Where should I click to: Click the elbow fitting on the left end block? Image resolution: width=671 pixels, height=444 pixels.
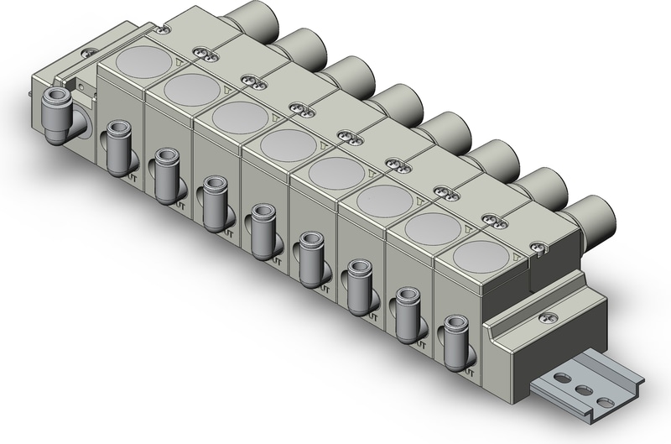(61, 113)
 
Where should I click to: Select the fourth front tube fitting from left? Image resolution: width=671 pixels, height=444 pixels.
(262, 226)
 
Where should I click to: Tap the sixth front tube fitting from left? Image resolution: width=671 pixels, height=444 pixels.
(359, 282)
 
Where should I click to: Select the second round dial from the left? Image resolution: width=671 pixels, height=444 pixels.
(190, 87)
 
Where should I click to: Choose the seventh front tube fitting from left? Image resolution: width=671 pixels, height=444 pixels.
(408, 309)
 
